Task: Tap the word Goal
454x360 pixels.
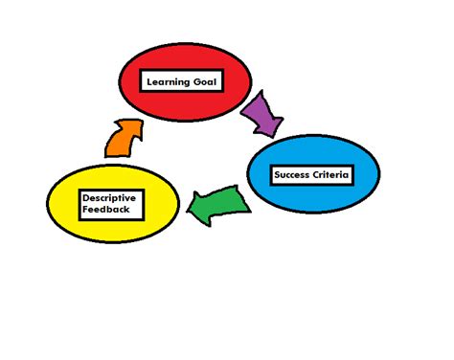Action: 210,82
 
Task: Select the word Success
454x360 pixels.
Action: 291,175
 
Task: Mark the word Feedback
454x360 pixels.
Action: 103,209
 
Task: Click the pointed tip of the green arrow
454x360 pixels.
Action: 189,207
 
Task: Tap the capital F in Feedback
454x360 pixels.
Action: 85,209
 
